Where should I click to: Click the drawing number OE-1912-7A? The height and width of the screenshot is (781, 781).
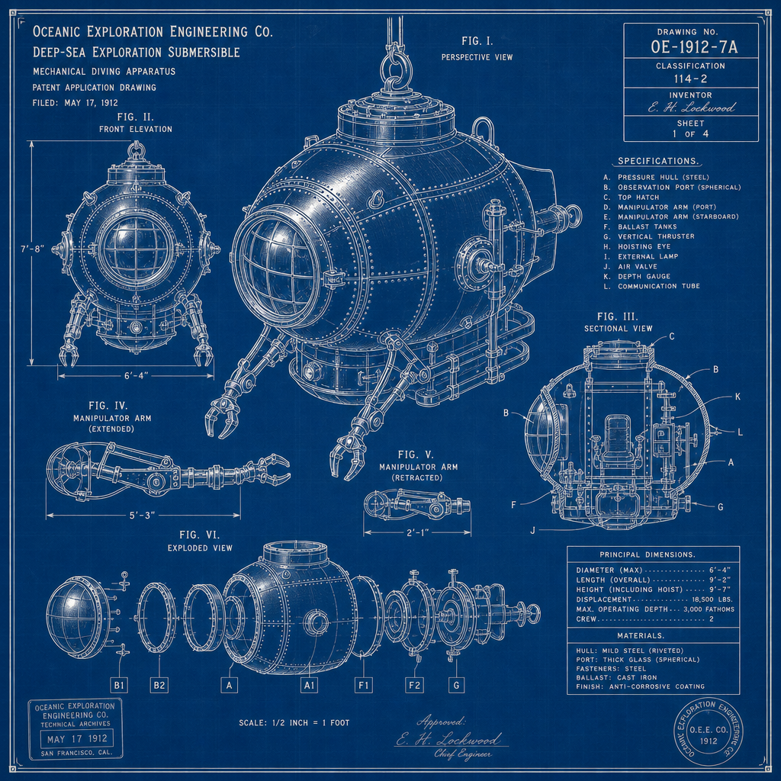pos(694,47)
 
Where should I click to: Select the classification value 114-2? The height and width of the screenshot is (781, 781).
pos(690,79)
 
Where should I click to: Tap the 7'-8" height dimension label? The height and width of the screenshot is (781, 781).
pos(32,248)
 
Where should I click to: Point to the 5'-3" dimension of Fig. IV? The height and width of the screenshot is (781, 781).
pos(142,515)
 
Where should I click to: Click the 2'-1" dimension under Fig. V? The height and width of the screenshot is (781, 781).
pos(417,532)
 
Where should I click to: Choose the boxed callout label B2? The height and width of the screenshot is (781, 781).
pos(159,686)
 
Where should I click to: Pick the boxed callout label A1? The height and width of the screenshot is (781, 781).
pos(310,686)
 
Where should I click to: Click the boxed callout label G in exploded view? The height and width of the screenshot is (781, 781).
pos(456,686)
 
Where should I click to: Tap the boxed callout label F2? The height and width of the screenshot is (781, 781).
pos(414,686)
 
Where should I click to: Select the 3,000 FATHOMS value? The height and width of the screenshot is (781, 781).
pos(709,609)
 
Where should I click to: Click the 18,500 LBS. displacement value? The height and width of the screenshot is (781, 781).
pos(710,599)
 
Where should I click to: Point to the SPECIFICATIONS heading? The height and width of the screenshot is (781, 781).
pos(657,161)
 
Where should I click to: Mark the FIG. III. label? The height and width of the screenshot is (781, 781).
pos(618,317)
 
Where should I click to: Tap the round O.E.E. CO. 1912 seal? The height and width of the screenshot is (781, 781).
pos(708,731)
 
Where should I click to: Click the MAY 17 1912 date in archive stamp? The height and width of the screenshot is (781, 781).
pos(77,738)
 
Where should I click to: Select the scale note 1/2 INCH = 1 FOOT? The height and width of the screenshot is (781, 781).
pos(294,723)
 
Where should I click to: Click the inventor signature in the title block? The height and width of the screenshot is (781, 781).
pos(691,107)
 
